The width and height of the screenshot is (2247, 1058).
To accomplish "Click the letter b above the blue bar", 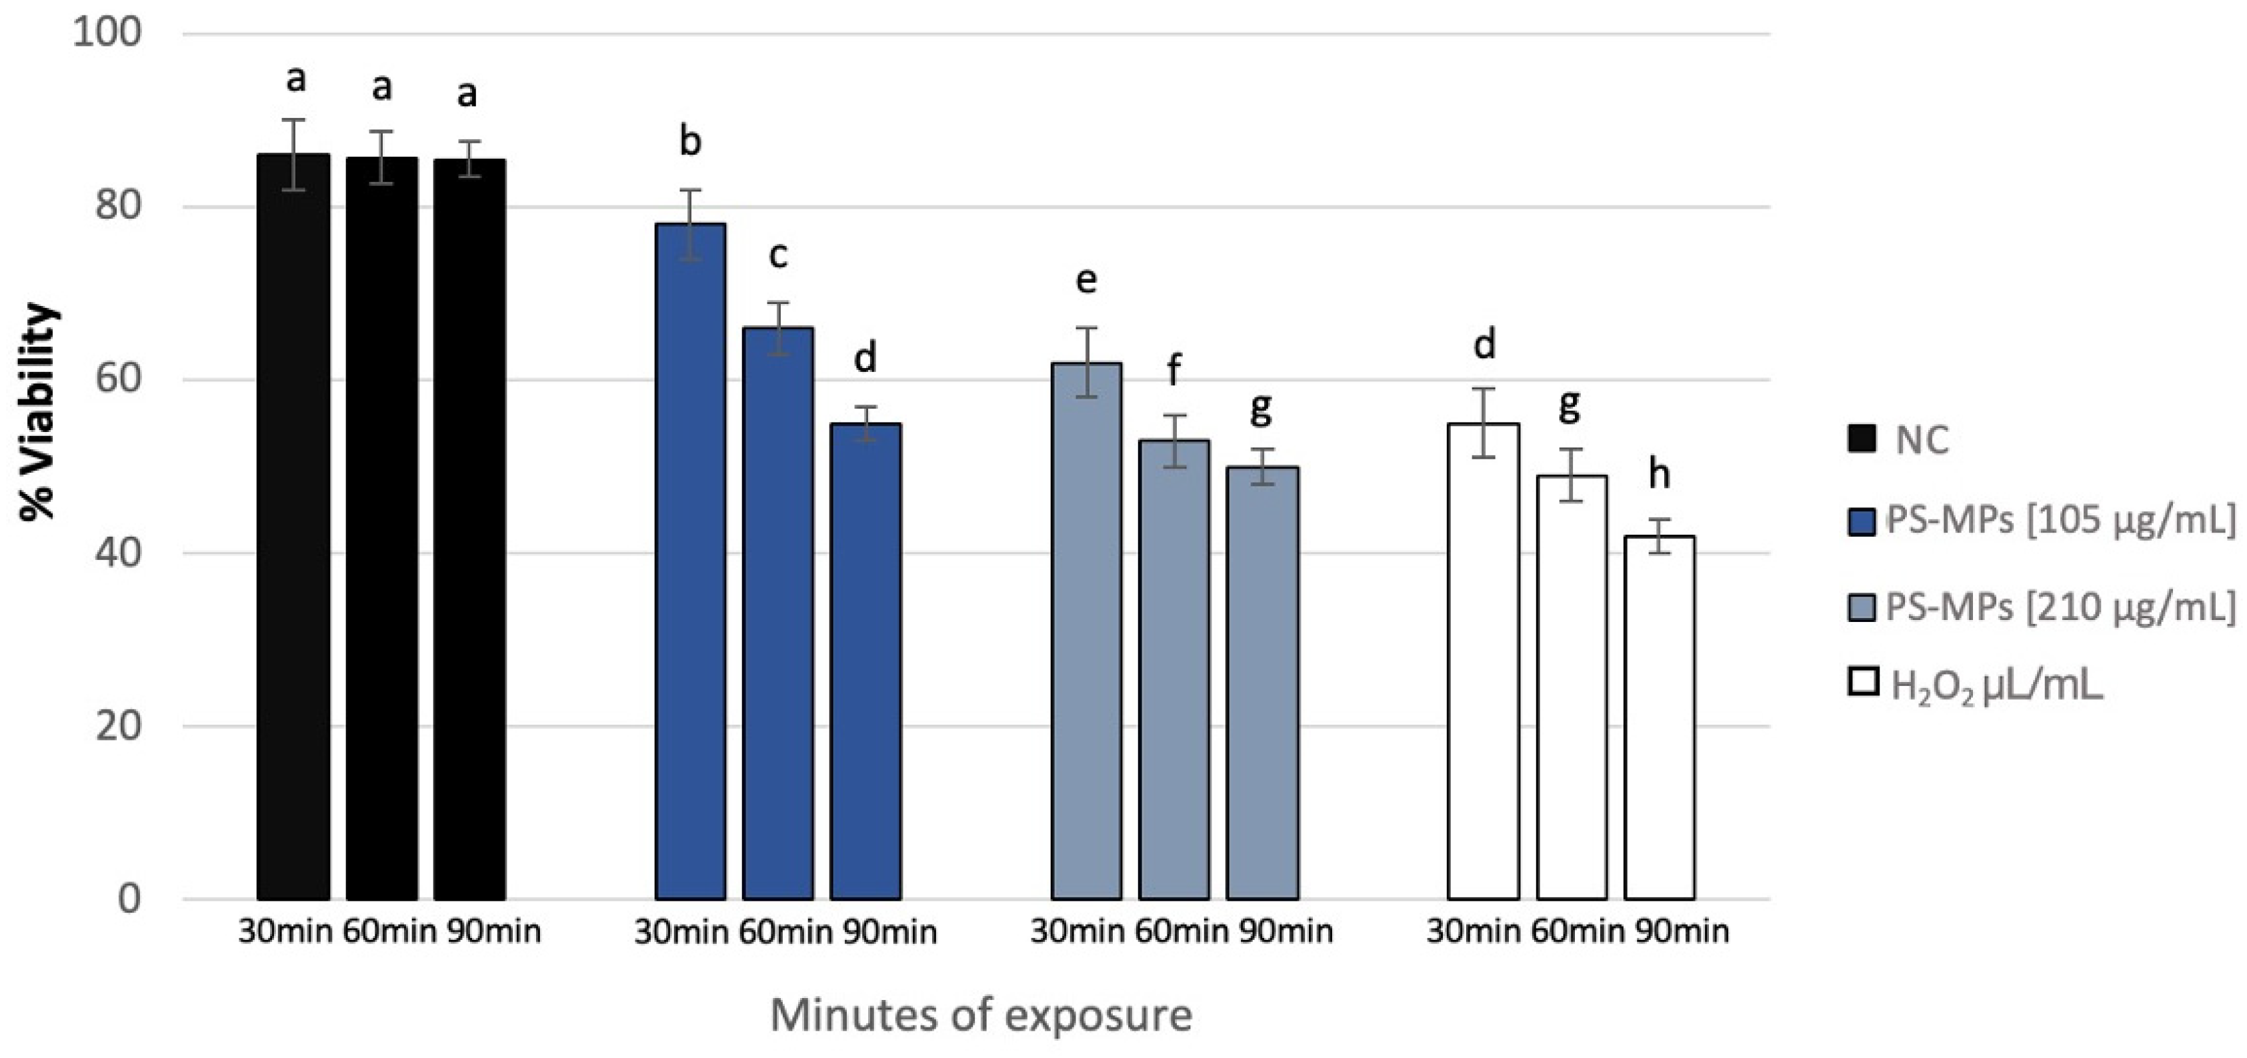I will click(x=690, y=141).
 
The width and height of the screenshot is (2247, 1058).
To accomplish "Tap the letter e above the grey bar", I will click(x=1086, y=280).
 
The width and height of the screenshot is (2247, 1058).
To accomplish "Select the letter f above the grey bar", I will click(x=1174, y=370).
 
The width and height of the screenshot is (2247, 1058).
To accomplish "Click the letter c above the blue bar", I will click(x=777, y=255).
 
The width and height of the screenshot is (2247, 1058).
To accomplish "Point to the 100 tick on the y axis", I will click(x=107, y=34).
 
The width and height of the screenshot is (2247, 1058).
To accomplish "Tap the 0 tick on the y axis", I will click(x=129, y=899).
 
